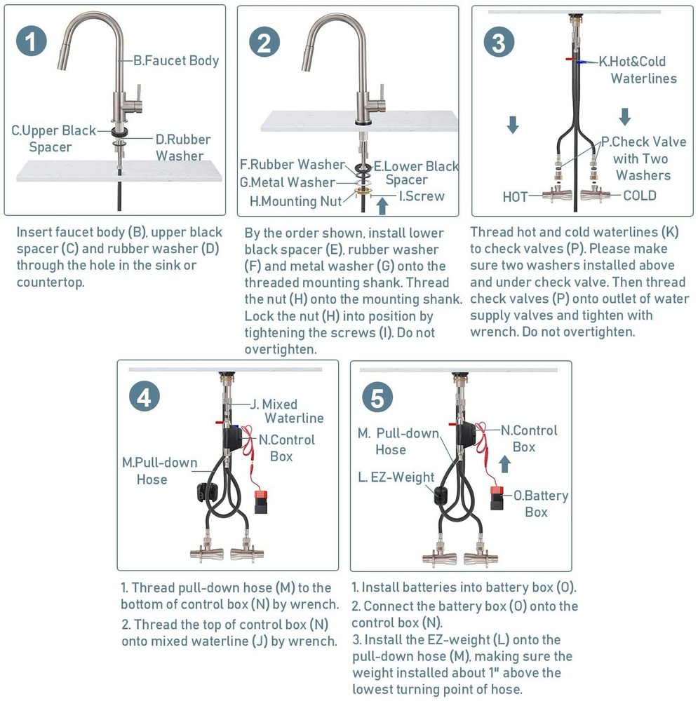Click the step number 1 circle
point(32,41)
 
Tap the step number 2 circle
point(264,42)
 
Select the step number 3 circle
point(499,42)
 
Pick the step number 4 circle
point(145,397)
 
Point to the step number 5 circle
point(377,397)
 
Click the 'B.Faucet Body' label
point(176,60)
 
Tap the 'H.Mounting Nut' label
point(296,201)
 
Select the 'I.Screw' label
point(422,196)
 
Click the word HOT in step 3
point(515,197)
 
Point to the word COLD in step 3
point(640,196)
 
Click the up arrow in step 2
point(382,206)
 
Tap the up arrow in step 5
point(505,463)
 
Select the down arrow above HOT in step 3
point(513,125)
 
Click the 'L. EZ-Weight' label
point(396,477)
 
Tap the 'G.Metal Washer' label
point(287,182)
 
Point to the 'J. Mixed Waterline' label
point(287,411)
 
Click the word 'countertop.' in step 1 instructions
point(51,283)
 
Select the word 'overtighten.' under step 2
point(281,349)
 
